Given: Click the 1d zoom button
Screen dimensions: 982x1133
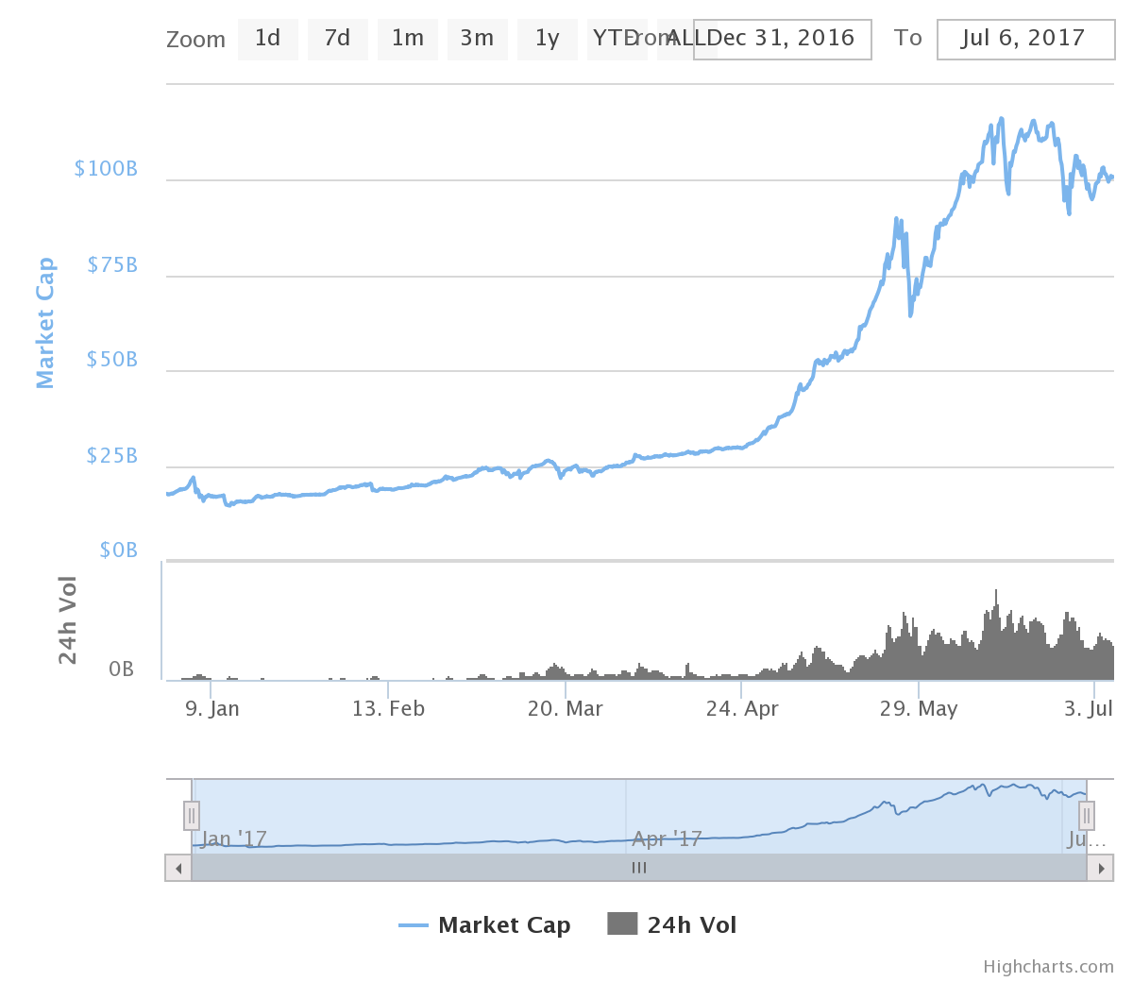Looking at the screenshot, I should pos(267,39).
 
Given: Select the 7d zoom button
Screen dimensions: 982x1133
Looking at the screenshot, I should pos(337,39).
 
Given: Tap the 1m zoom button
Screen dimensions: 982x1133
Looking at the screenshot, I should pos(407,39).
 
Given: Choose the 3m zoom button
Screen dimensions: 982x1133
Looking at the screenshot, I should pos(477,39).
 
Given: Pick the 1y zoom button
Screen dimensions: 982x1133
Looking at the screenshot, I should pos(547,39).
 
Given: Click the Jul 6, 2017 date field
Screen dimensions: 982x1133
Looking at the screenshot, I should pos(1025,39).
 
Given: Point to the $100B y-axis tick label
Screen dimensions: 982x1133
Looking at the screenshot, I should pos(106,169).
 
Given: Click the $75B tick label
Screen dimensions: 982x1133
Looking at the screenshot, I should pos(111,265).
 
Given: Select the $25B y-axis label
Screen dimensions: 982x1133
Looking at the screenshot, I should pos(111,456).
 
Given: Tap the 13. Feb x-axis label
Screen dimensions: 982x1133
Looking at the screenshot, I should pos(388,709).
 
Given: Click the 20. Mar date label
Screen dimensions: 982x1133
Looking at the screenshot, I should pos(565,709).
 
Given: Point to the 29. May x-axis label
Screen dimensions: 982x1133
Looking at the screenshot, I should pos(919,709).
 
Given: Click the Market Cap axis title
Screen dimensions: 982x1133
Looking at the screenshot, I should pos(44,323).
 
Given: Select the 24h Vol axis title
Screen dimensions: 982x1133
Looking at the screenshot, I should pos(67,619).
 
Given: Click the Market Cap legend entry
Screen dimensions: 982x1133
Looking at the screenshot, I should pos(486,925).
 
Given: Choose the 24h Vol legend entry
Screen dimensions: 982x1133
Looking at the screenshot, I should pos(672,925).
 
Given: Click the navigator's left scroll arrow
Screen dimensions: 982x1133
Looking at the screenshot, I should pos(178,868).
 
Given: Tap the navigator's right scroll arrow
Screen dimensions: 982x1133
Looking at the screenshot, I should pos(1100,868).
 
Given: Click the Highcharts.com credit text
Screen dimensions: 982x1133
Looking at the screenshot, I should pos(1048,967).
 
